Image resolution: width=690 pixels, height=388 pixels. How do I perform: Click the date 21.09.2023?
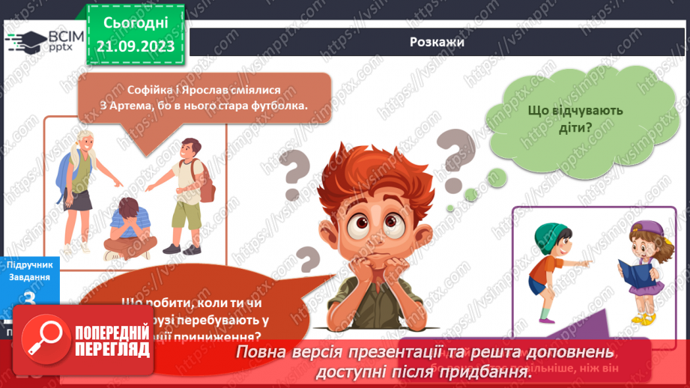coord(136,46)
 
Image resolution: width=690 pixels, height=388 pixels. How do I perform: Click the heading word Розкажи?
coord(438,42)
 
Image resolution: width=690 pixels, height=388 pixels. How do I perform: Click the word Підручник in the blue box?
coord(29,264)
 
